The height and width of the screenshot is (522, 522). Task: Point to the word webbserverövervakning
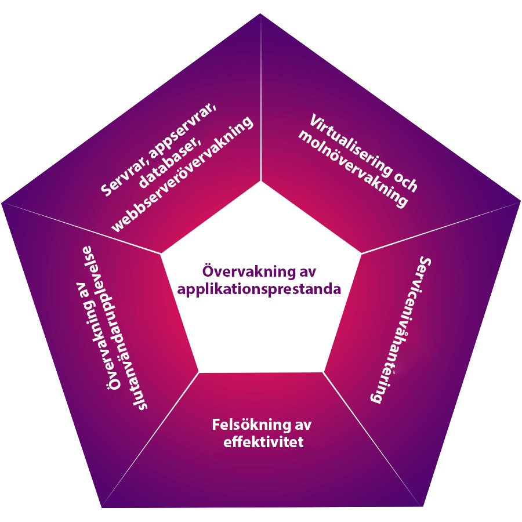pos(183,174)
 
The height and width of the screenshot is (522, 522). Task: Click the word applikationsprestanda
pos(259,288)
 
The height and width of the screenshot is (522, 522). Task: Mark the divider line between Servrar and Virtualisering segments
pos(261,99)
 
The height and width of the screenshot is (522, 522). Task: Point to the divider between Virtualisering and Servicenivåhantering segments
pos(441,227)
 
